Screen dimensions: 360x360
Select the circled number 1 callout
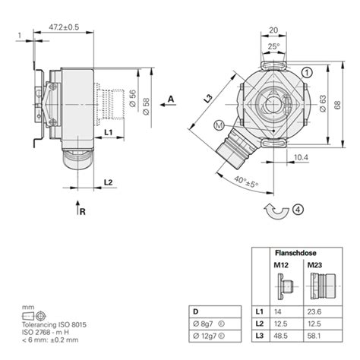(306, 72)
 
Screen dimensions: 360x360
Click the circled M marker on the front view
(219, 125)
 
